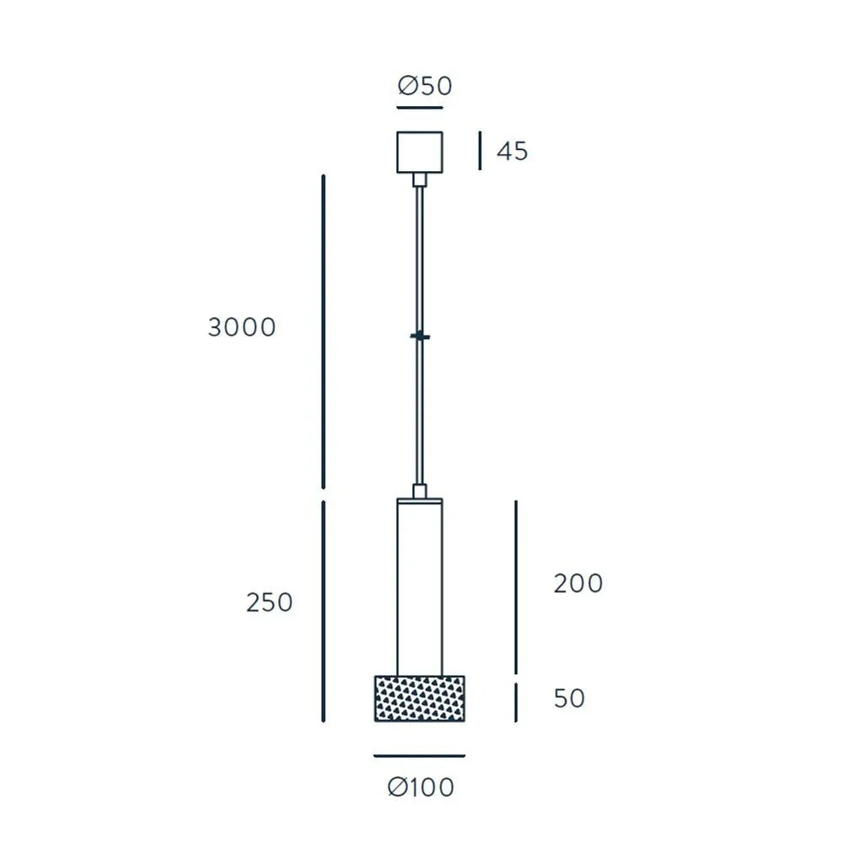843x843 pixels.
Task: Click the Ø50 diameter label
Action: (425, 86)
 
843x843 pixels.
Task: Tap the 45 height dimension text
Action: (512, 152)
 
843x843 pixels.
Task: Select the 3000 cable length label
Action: (242, 327)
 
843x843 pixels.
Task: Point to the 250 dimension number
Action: (270, 603)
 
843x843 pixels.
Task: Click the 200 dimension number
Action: (578, 583)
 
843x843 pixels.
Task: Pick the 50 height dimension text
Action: (570, 699)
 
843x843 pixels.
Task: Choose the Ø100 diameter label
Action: (421, 787)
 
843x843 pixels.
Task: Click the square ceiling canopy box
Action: (420, 152)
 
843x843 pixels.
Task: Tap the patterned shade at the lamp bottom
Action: (420, 698)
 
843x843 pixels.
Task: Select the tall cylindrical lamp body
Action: (420, 586)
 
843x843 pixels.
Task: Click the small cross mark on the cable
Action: (420, 337)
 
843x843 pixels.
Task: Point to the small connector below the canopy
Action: (420, 180)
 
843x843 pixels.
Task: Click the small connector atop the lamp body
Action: (420, 491)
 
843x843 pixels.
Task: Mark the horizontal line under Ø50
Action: (420, 108)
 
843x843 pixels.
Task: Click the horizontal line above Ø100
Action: (420, 756)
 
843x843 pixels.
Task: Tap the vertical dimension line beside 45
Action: (480, 151)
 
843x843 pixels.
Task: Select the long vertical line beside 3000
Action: (325, 330)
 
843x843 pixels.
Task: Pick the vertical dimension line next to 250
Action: (325, 611)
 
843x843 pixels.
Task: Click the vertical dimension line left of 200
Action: (516, 586)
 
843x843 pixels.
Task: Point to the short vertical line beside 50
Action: (516, 702)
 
